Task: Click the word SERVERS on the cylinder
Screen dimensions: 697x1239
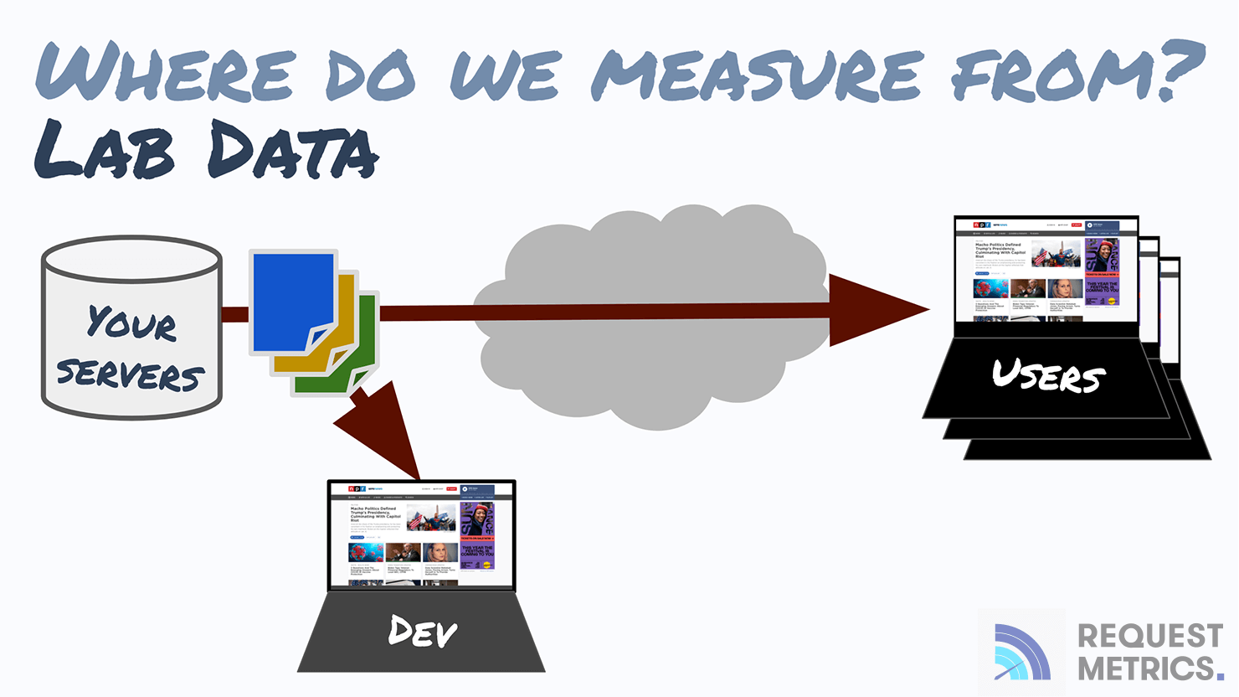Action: tap(131, 374)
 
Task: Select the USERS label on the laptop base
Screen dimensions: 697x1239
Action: tap(1048, 376)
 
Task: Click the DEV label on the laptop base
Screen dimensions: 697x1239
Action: tap(423, 632)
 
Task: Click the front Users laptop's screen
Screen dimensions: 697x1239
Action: tap(1046, 270)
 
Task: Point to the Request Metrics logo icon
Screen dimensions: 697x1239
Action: tap(1021, 653)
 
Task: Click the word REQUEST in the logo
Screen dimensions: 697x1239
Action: tap(1149, 637)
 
